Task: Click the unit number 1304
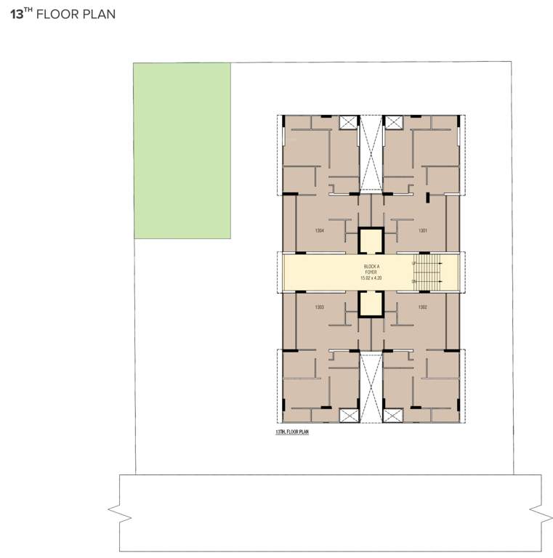(x=320, y=230)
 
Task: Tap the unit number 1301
(x=422, y=230)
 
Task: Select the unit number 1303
(x=320, y=307)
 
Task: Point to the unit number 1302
(x=422, y=307)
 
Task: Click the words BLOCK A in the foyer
(x=371, y=267)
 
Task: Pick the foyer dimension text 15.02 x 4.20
(x=371, y=278)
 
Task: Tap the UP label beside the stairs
(x=414, y=262)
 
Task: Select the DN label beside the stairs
(x=414, y=282)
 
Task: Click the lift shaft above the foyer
(x=371, y=240)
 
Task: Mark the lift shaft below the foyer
(x=371, y=304)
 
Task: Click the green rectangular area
(x=182, y=150)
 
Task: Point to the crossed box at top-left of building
(x=349, y=122)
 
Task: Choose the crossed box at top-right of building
(x=393, y=122)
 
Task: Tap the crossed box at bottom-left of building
(x=349, y=416)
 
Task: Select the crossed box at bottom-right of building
(x=393, y=416)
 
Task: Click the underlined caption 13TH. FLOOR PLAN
(x=292, y=432)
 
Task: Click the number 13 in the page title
(x=17, y=14)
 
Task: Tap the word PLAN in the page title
(x=99, y=14)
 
